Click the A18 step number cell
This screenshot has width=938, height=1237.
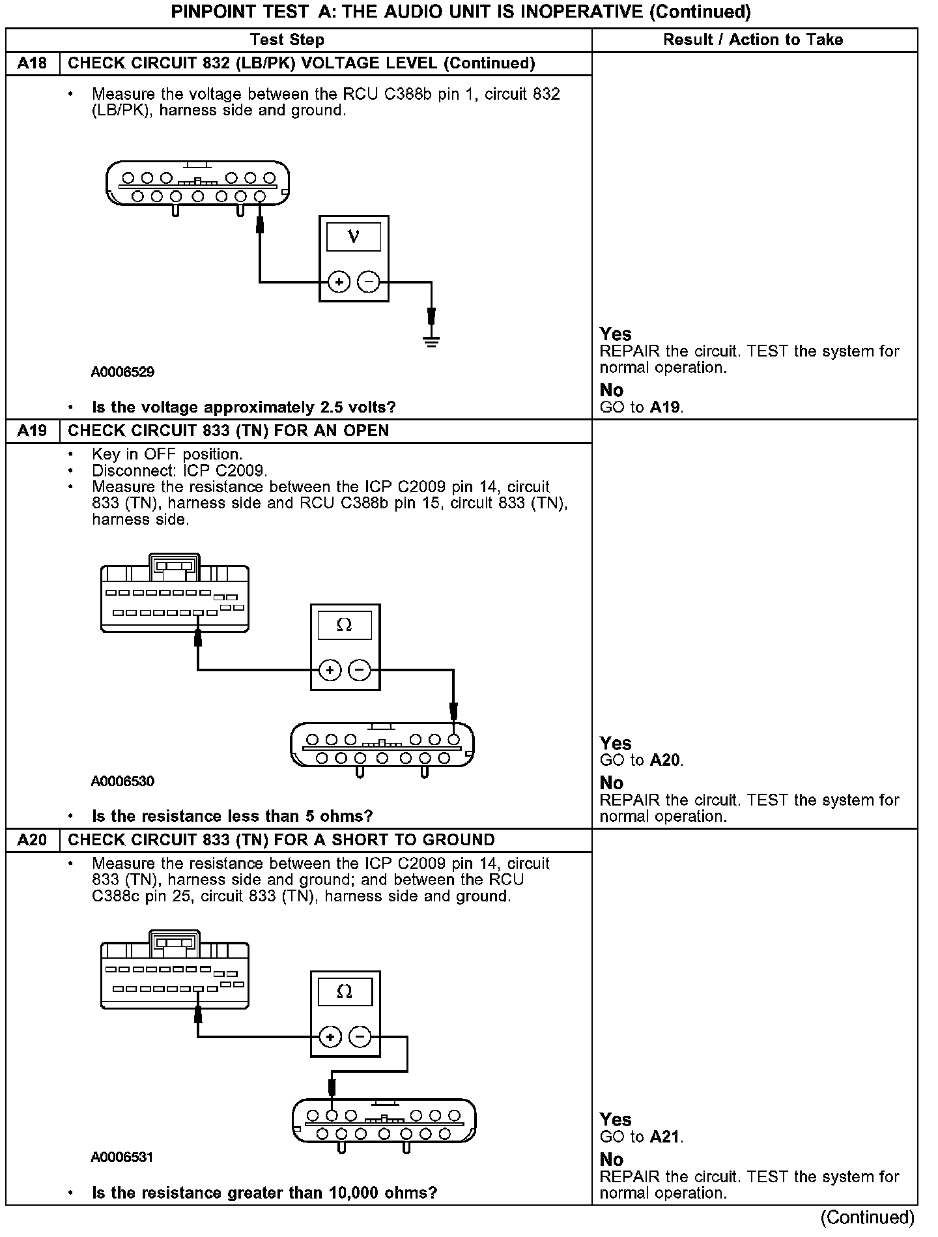tap(33, 63)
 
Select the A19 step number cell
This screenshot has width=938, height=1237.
tap(33, 431)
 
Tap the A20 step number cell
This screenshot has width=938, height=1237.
tap(33, 840)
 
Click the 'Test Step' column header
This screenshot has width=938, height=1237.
tap(287, 40)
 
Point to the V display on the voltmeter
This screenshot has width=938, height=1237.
tap(354, 237)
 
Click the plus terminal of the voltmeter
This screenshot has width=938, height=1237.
tap(339, 282)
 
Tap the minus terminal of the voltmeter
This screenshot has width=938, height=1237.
tap(369, 282)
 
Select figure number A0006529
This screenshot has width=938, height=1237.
tap(122, 372)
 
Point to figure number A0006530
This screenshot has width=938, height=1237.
tap(122, 781)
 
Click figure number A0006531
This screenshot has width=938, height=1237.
tap(122, 1157)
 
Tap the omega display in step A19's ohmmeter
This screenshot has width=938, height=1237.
tap(345, 625)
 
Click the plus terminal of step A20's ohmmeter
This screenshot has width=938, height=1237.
tap(330, 1037)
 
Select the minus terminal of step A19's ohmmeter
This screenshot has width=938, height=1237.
tap(360, 669)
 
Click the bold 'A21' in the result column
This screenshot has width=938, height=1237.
tap(665, 1137)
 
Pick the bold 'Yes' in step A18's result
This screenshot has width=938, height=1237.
tap(616, 334)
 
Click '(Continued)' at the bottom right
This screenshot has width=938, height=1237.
tap(868, 1217)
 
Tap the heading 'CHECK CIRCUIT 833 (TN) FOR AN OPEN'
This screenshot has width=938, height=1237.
tap(228, 431)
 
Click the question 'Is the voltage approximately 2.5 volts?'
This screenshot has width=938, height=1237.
tap(244, 407)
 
